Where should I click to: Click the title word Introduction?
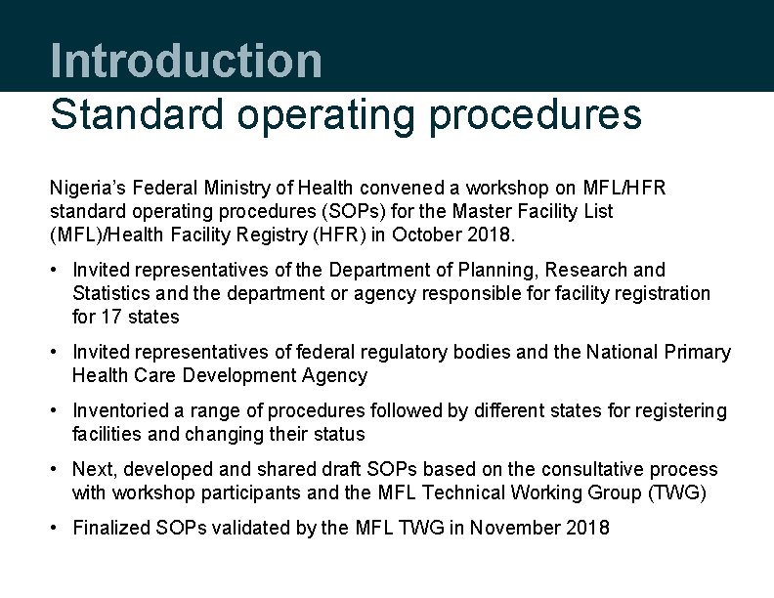pyautogui.click(x=186, y=61)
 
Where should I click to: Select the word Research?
pyautogui.click(x=583, y=270)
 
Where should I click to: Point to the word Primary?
pyautogui.click(x=696, y=352)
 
